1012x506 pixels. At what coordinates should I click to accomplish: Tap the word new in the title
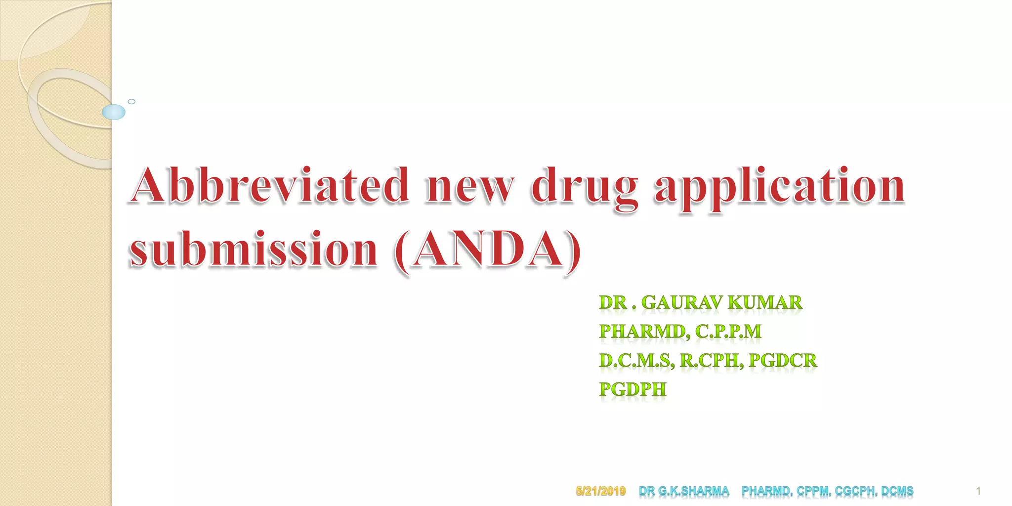[469, 187]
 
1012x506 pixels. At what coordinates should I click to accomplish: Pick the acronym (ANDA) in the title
[488, 250]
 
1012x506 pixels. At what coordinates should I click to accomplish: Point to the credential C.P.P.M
[728, 332]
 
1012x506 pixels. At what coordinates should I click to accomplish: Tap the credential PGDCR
[783, 361]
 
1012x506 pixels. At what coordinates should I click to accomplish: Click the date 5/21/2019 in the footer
[601, 491]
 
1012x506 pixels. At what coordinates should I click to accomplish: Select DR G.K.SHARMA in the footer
[684, 491]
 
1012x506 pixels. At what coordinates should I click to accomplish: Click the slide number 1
[978, 491]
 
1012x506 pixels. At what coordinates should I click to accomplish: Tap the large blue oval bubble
[114, 112]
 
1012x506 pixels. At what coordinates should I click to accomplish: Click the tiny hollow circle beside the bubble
[131, 101]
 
